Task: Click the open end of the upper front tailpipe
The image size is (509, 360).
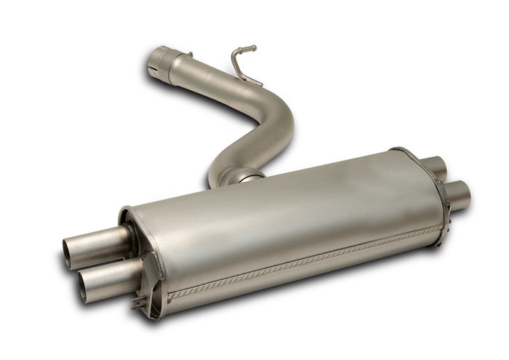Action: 69,252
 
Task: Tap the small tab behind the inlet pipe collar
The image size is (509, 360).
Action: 189,54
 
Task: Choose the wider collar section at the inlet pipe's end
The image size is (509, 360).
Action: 169,65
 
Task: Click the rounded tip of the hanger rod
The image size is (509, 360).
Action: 254,48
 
